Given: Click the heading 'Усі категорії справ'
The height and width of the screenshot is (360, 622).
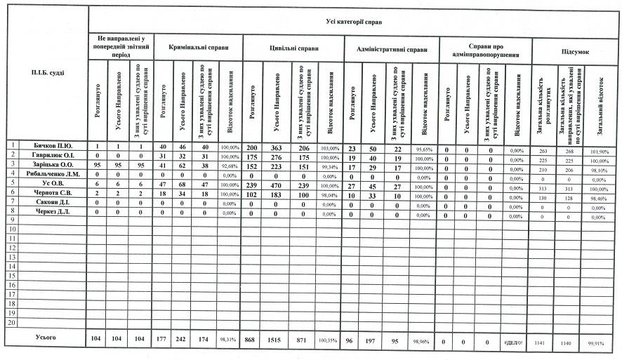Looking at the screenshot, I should point(355,22).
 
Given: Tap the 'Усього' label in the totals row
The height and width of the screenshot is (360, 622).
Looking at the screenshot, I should point(46,338).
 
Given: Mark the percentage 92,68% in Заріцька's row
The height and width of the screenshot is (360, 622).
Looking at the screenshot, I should point(230,165).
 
